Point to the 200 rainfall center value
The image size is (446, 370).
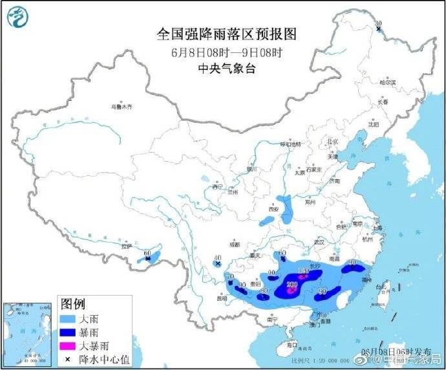click(292, 285)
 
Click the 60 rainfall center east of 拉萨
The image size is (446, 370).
click(148, 254)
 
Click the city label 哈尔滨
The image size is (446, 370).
click(387, 82)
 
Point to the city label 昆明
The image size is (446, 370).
click(222, 299)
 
